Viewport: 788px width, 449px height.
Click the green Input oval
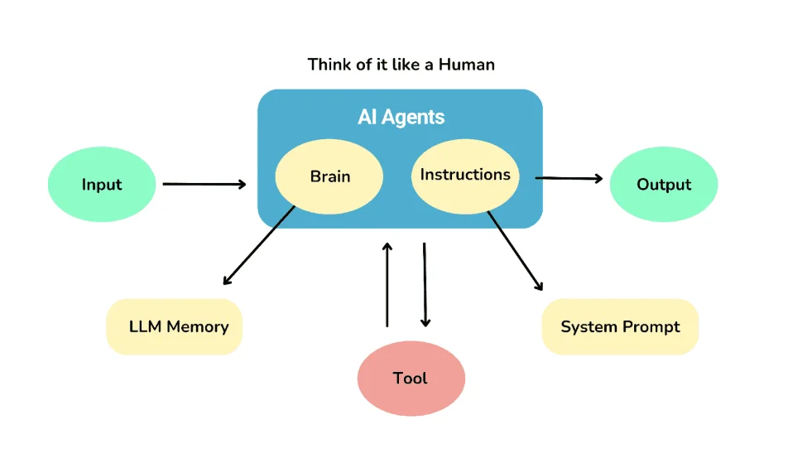tap(102, 185)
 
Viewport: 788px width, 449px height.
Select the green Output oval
tap(664, 185)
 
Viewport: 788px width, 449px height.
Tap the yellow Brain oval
tap(329, 176)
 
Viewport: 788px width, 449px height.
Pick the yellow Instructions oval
tap(465, 175)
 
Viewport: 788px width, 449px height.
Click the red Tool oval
tap(411, 379)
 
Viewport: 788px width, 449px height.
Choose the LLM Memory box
tap(175, 326)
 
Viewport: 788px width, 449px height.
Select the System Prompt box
tap(620, 326)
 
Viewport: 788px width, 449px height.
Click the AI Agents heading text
tap(401, 117)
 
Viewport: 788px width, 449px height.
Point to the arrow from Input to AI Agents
tap(204, 184)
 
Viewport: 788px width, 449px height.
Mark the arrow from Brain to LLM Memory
tap(259, 245)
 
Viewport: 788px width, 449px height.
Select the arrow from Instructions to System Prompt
tap(516, 251)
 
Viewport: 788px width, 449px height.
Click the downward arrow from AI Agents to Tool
tap(425, 285)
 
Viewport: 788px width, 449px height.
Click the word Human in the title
tap(465, 64)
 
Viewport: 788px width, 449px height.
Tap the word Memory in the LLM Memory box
tap(197, 326)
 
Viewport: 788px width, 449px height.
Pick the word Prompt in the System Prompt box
tap(651, 326)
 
